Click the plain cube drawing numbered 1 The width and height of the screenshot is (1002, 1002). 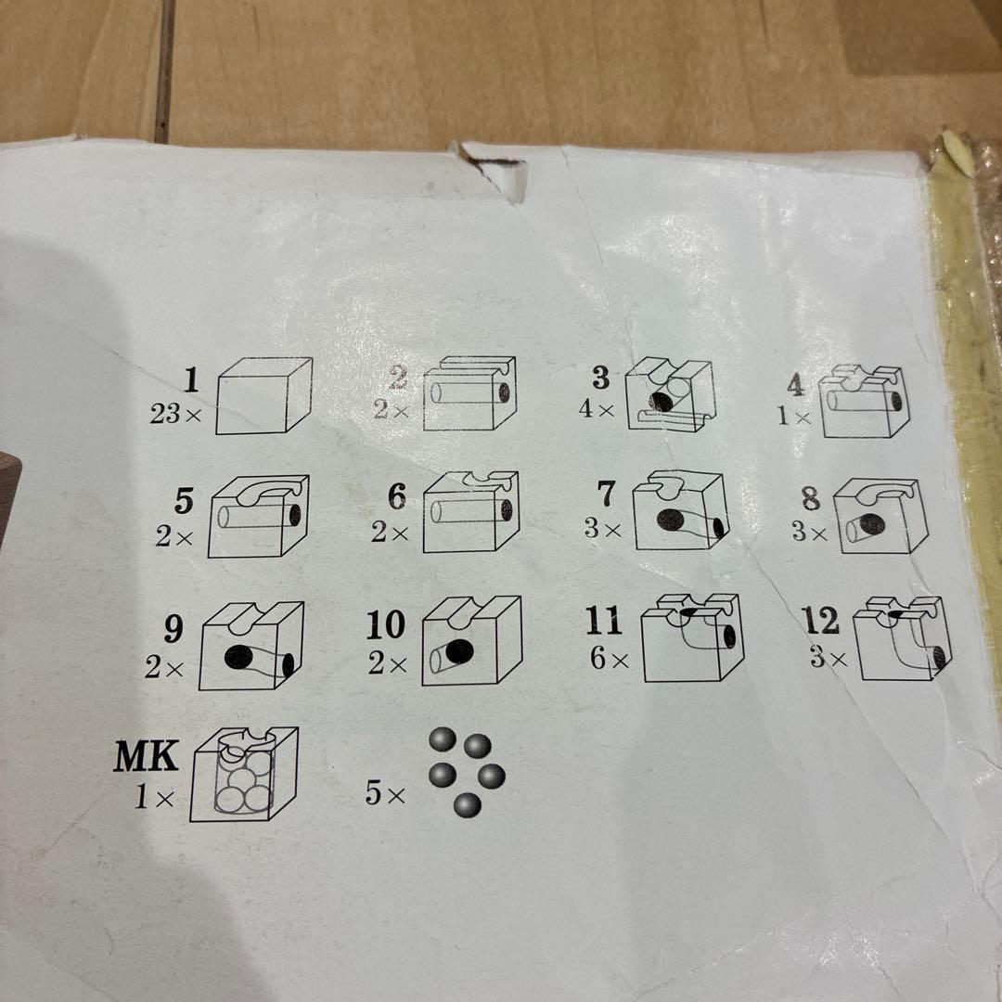click(x=263, y=396)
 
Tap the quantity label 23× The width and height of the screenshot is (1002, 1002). click(x=175, y=415)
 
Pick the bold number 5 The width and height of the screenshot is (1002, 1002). click(x=185, y=502)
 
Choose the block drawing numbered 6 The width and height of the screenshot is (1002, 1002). click(x=472, y=513)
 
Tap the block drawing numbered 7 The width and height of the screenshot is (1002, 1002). click(x=678, y=513)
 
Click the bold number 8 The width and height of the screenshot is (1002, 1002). click(x=811, y=499)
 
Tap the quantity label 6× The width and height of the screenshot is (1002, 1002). click(x=609, y=660)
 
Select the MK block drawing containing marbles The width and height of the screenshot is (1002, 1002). click(x=243, y=775)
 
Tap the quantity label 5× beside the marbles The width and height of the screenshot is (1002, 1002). click(x=385, y=795)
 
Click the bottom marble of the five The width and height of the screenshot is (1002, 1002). click(x=467, y=804)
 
